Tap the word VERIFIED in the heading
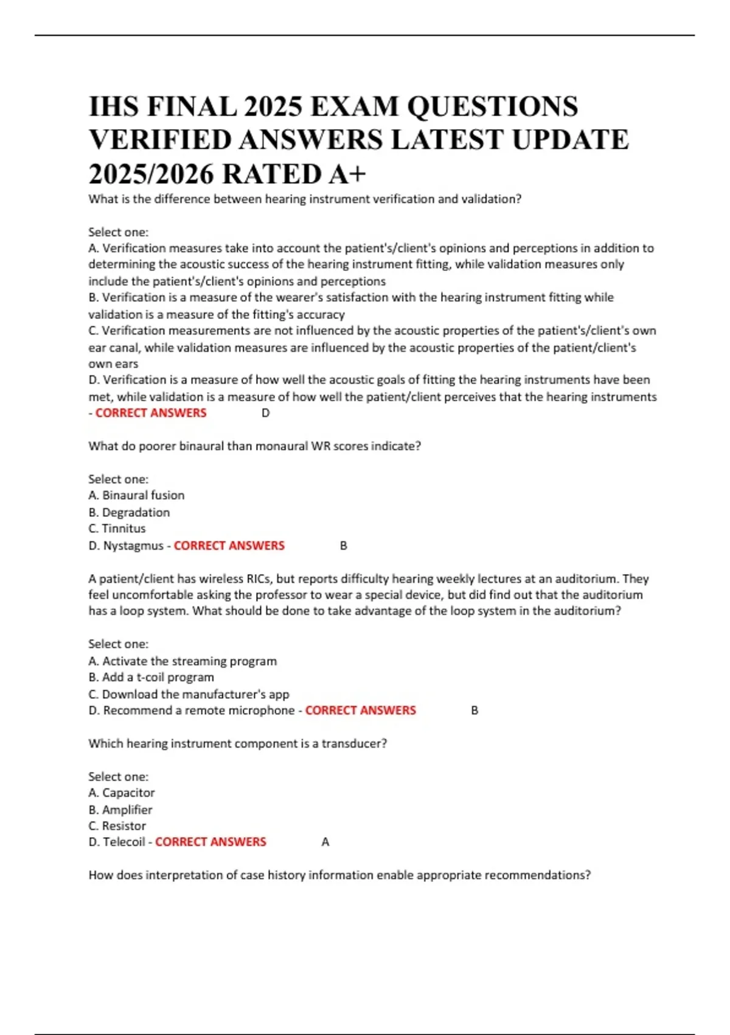tap(160, 141)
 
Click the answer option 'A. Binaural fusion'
tap(136, 496)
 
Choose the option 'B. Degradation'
tap(129, 513)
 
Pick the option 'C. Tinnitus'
tap(117, 528)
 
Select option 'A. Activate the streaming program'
tap(182, 661)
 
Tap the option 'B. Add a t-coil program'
tap(151, 678)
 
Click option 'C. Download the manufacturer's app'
tap(189, 694)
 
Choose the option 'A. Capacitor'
tap(122, 793)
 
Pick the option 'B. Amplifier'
tap(120, 810)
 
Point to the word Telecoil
tap(124, 842)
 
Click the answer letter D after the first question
tap(265, 413)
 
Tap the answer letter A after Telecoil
tap(325, 842)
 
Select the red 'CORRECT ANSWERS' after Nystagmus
tap(229, 546)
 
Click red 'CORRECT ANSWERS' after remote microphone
tap(361, 710)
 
